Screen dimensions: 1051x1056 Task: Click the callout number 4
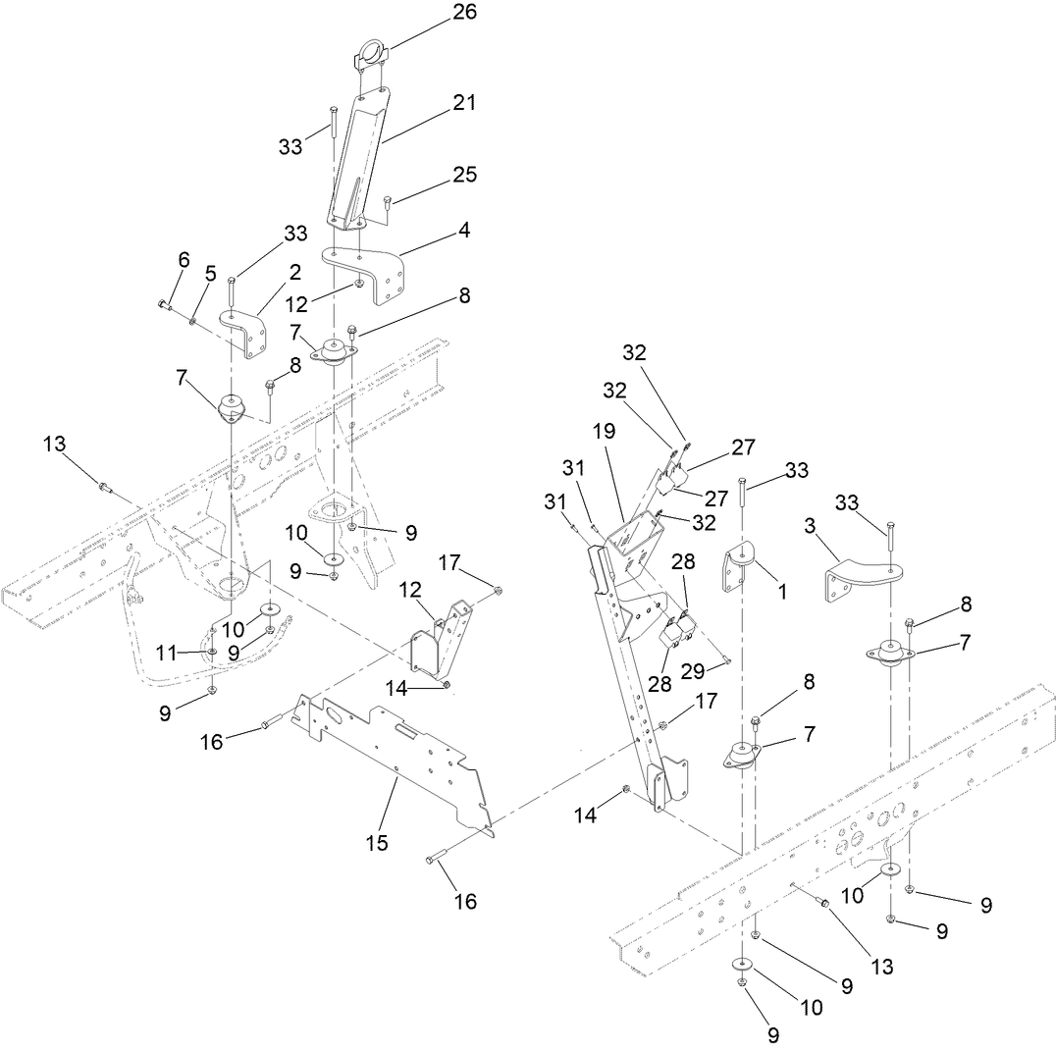(462, 231)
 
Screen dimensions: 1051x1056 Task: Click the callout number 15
(377, 842)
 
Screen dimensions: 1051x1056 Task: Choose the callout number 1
(781, 593)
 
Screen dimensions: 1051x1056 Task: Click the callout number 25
(464, 175)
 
